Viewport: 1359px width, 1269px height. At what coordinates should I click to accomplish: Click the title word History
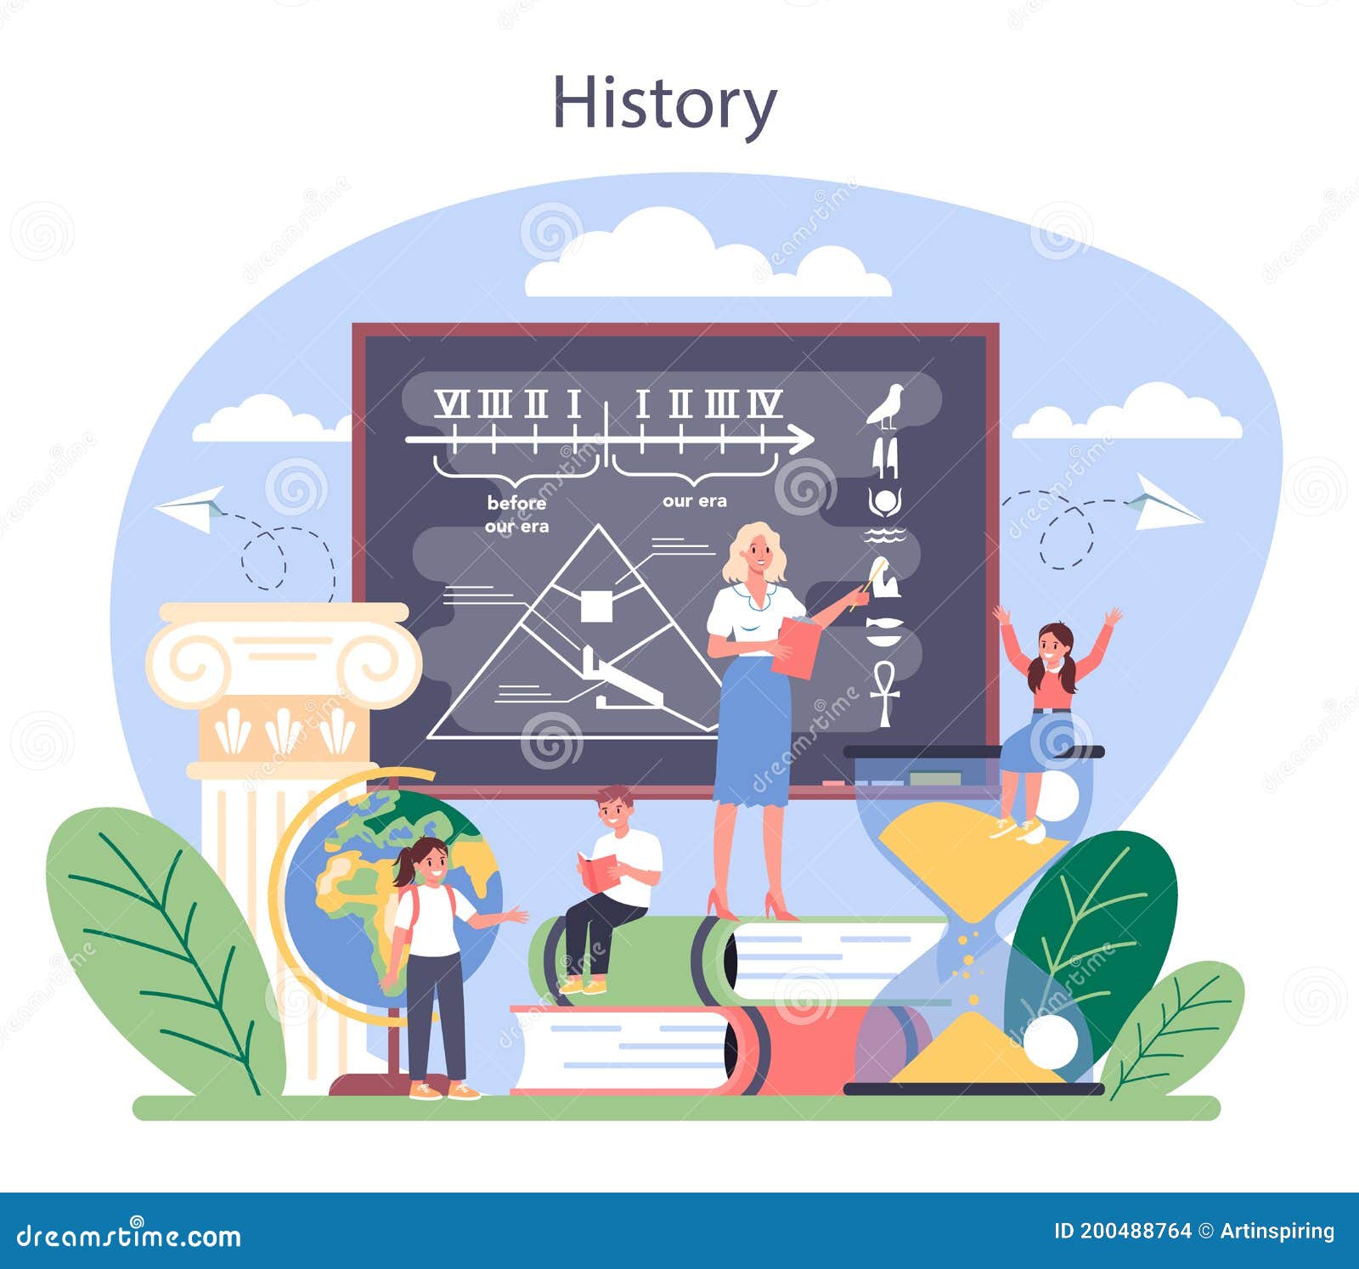(664, 104)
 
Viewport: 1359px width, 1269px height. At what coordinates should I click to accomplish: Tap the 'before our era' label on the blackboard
(516, 515)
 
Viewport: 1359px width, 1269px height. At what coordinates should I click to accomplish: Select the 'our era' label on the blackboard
(695, 501)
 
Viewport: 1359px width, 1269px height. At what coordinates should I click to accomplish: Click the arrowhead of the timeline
(801, 439)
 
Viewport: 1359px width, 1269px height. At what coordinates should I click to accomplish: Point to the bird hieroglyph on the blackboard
(886, 405)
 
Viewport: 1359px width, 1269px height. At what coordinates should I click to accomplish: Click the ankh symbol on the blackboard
(884, 693)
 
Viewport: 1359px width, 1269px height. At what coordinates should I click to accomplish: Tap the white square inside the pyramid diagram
(595, 606)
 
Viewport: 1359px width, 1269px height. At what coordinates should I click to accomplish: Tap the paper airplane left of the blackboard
(192, 507)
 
